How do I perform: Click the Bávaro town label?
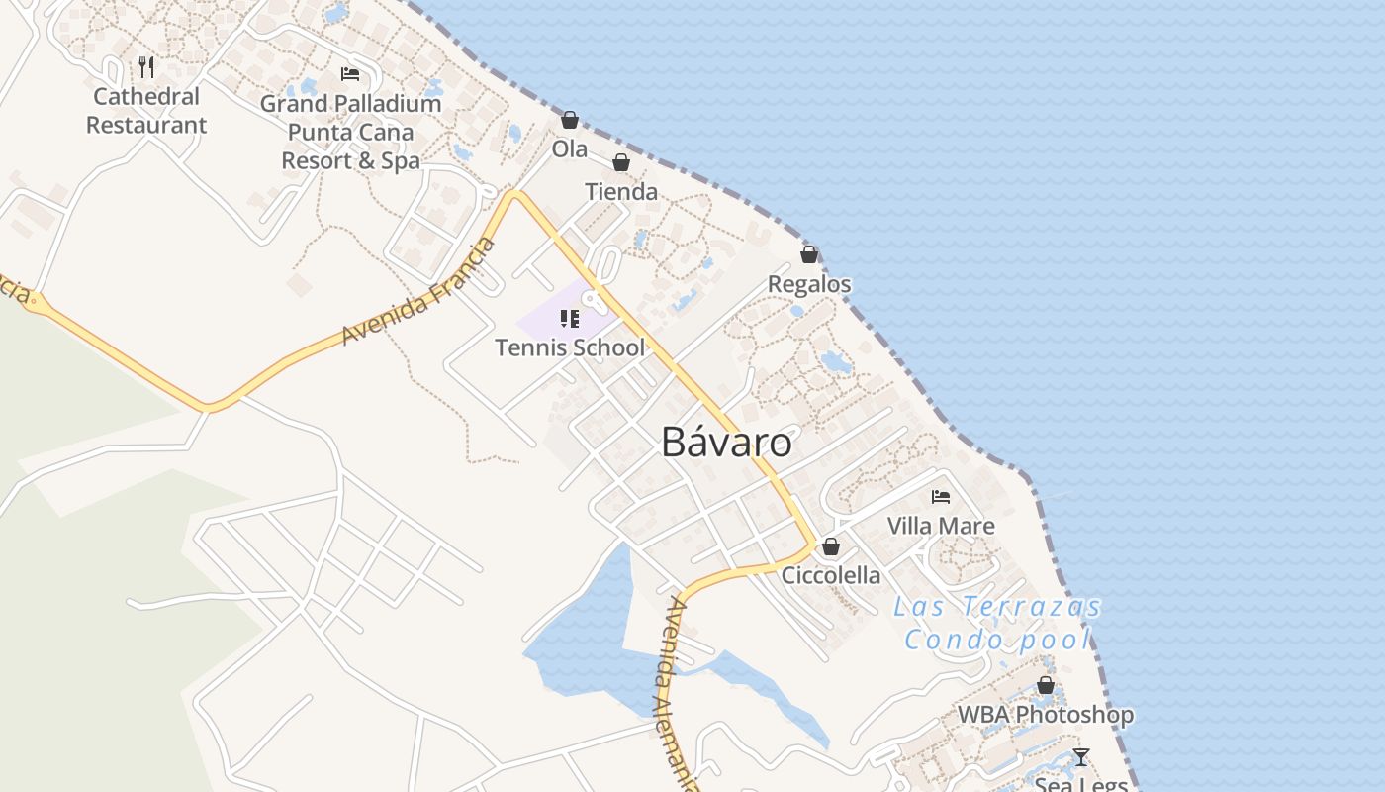point(726,443)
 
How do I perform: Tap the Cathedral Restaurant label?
point(146,111)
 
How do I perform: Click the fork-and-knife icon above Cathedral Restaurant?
point(146,67)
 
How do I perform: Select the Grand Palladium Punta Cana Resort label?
point(350,132)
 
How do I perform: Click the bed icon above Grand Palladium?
point(349,74)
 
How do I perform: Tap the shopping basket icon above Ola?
point(569,120)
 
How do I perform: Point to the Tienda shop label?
point(621,192)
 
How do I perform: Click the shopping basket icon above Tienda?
point(621,162)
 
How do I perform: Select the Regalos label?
point(809,284)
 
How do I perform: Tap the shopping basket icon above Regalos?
point(809,254)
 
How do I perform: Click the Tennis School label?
point(570,347)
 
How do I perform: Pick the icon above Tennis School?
point(569,318)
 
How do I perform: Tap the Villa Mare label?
point(941,526)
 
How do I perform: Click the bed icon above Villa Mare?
point(940,496)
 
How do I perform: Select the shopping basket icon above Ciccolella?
point(831,546)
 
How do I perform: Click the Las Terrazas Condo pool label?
point(997,623)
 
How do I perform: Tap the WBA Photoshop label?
point(1046,715)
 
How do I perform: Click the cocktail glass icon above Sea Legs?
point(1081,757)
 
